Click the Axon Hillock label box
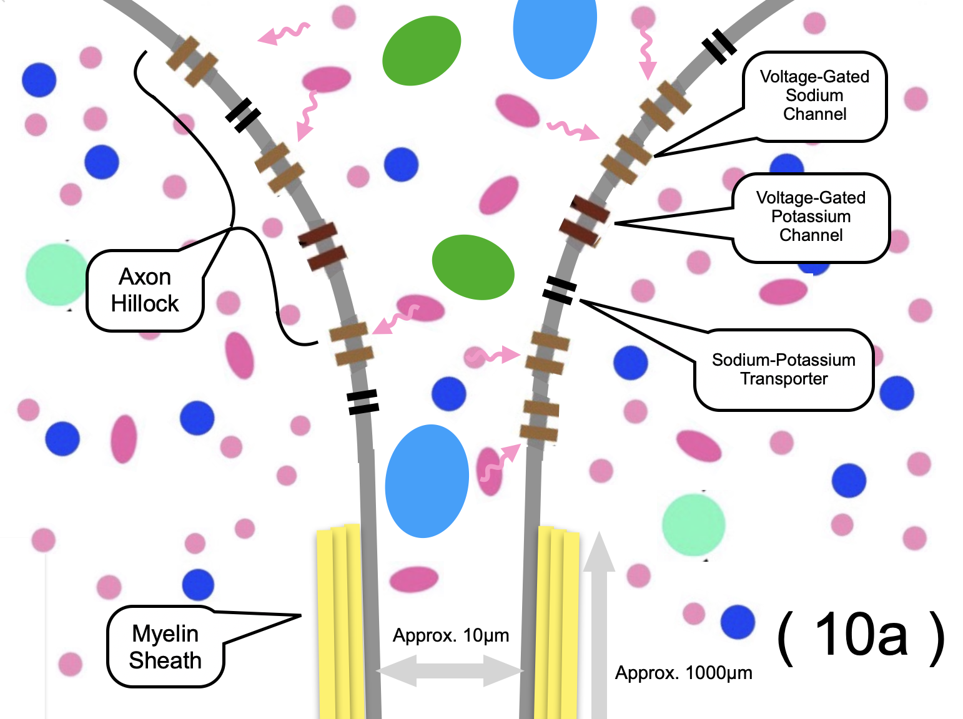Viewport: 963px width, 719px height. (x=145, y=290)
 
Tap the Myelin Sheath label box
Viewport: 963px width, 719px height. (x=165, y=647)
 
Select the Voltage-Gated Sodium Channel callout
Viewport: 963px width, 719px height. (x=814, y=95)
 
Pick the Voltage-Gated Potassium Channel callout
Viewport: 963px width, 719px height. (x=811, y=217)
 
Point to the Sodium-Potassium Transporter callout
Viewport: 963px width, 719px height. (x=784, y=369)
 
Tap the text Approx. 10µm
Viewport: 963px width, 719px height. (x=451, y=635)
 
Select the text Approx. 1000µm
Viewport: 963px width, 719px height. (x=683, y=673)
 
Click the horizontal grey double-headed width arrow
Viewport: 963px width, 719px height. (x=450, y=672)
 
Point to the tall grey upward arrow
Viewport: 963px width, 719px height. (x=599, y=624)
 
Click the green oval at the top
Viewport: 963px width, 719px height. (x=421, y=51)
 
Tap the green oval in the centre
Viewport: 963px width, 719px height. (x=473, y=267)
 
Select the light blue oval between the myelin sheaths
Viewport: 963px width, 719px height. (x=427, y=481)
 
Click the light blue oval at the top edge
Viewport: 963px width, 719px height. (x=555, y=34)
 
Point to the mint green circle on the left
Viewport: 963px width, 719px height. (x=57, y=275)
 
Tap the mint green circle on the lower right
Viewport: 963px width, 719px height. (x=693, y=525)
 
